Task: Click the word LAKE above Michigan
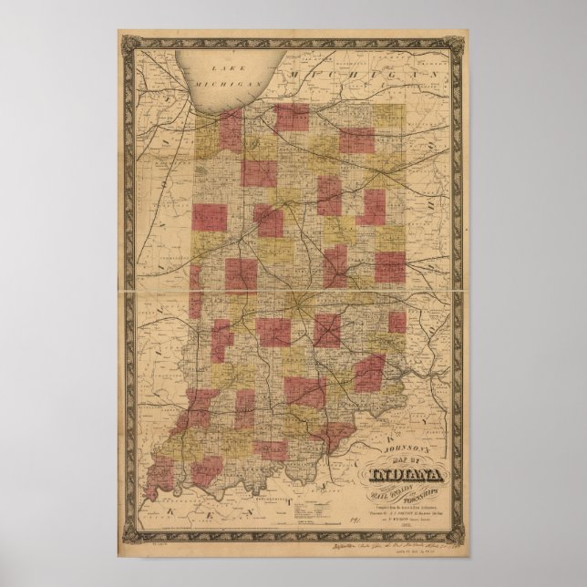pos(218,69)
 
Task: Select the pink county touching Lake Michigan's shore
pos(230,129)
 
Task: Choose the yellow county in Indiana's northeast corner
pos(389,118)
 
